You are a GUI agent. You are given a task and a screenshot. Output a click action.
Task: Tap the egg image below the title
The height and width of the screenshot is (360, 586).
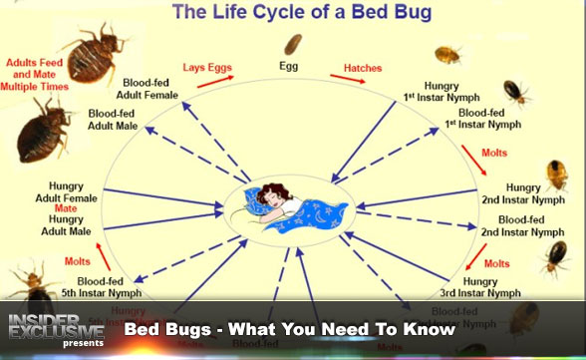pyautogui.click(x=293, y=44)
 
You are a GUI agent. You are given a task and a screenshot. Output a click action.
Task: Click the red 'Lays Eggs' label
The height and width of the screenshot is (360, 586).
pyautogui.click(x=207, y=68)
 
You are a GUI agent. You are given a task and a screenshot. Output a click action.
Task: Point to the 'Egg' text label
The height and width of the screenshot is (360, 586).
pyautogui.click(x=292, y=67)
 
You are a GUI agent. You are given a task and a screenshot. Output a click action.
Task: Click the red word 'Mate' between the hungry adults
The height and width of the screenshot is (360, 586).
pyautogui.click(x=67, y=209)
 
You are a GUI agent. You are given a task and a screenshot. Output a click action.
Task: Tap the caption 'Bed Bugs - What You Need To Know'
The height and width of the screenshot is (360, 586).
pyautogui.click(x=289, y=329)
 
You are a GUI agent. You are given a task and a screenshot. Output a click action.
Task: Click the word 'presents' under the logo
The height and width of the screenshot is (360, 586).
pyautogui.click(x=82, y=344)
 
